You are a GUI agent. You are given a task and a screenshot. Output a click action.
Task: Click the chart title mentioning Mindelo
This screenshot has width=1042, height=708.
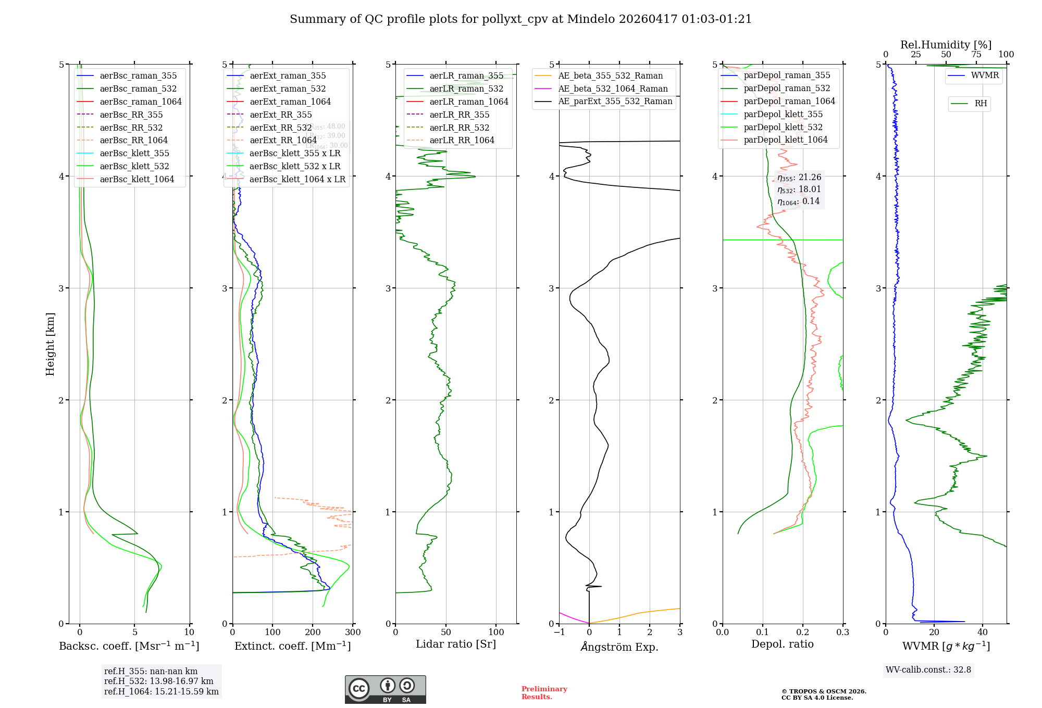tap(520, 19)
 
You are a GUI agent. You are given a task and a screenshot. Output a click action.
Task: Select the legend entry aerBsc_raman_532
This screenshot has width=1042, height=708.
tap(138, 89)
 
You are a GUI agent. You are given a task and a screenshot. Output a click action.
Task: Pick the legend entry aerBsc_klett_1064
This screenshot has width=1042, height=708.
tap(137, 180)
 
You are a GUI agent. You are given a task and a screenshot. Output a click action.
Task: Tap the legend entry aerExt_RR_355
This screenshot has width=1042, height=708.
tap(280, 115)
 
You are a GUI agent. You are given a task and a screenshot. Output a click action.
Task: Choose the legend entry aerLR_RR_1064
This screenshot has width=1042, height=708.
tap(462, 141)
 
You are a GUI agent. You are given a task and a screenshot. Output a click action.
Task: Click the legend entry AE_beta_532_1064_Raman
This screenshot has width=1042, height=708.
tap(613, 89)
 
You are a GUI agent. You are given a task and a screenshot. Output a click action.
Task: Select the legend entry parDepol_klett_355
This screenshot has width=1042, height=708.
tap(783, 115)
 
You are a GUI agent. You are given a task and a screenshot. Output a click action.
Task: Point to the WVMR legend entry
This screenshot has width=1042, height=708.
tap(985, 75)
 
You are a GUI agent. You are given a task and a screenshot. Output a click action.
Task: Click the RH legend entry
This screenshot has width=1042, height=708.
tap(981, 104)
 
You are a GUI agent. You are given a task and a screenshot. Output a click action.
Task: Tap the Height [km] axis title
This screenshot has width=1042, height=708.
tap(50, 344)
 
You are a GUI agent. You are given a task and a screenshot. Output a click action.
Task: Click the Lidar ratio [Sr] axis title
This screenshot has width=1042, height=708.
tap(456, 644)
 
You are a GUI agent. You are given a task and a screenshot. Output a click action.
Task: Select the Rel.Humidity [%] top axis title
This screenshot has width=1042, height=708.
tap(946, 45)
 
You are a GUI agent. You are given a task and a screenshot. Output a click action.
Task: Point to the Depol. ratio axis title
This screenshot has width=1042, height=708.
tap(782, 644)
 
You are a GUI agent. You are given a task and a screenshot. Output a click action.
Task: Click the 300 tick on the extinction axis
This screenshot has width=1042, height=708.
tap(353, 633)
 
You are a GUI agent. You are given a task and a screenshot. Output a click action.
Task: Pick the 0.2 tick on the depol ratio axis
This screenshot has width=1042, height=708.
tap(803, 633)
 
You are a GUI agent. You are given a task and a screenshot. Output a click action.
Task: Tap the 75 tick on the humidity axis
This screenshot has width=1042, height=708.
tap(976, 55)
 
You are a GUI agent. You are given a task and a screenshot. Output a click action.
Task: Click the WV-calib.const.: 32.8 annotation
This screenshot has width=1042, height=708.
tap(928, 670)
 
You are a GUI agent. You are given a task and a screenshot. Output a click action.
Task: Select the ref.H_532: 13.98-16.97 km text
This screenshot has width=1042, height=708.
tap(158, 681)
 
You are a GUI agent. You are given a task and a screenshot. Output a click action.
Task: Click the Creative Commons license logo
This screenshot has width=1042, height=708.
tap(385, 690)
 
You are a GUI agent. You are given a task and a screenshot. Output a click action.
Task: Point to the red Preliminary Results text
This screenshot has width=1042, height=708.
tap(544, 693)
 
